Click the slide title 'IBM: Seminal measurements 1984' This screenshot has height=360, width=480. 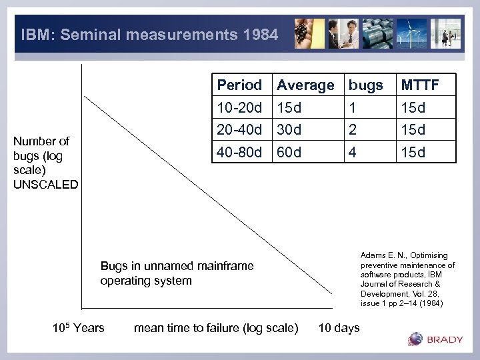click(x=149, y=34)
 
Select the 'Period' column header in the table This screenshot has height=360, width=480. click(x=239, y=85)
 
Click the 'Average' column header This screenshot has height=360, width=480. click(x=305, y=85)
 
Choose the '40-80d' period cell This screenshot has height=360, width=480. click(x=239, y=152)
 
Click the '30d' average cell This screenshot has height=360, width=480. click(x=289, y=129)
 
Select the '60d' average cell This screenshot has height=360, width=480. click(x=289, y=152)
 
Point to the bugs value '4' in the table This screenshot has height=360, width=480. click(x=353, y=152)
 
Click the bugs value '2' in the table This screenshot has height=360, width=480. click(x=353, y=129)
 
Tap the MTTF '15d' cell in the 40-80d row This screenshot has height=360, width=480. click(x=413, y=152)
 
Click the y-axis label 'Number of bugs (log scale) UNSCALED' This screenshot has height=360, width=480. click(x=45, y=163)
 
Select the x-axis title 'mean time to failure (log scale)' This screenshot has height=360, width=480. click(x=216, y=327)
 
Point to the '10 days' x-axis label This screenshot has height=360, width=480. click(x=339, y=327)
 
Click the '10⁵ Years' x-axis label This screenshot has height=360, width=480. click(x=78, y=327)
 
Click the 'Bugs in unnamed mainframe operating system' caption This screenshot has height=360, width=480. click(x=177, y=273)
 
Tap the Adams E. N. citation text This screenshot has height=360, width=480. click(x=407, y=279)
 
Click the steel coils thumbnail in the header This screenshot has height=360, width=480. click(x=379, y=33)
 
